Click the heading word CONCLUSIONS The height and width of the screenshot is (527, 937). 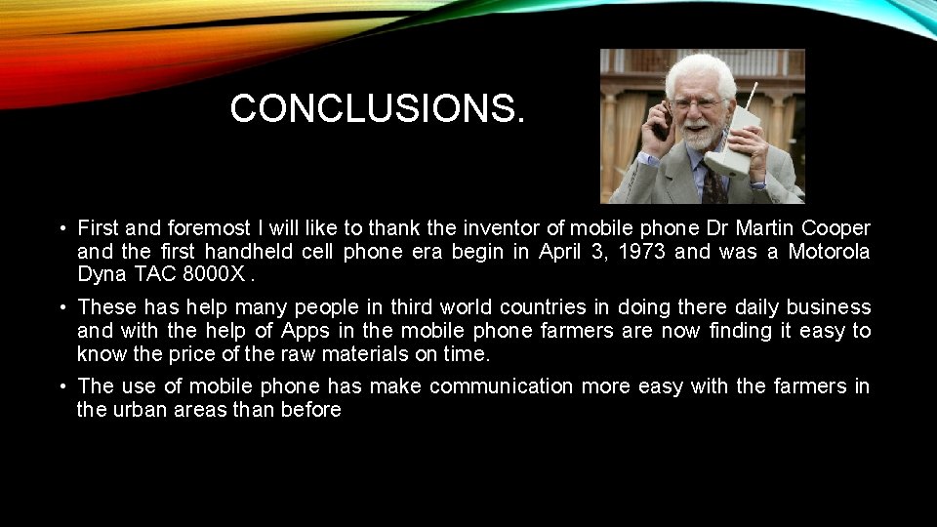point(377,109)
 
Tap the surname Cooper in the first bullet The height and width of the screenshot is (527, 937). point(835,228)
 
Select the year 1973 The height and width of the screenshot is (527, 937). point(641,251)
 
